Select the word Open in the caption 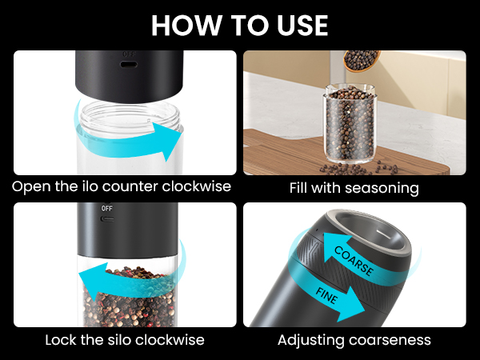(x=29, y=187)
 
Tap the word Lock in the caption (x=63, y=340)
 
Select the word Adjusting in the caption (x=312, y=340)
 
